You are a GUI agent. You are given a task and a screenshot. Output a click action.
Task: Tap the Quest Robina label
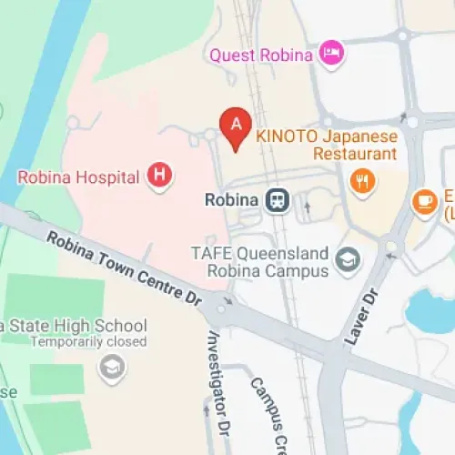click(x=262, y=54)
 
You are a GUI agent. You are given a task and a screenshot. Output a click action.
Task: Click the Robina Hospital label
click(x=78, y=175)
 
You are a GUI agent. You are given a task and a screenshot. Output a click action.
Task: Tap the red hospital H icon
click(x=160, y=175)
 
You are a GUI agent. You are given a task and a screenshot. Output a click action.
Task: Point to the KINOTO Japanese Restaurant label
click(x=326, y=145)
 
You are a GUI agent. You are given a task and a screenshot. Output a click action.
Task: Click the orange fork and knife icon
click(x=362, y=182)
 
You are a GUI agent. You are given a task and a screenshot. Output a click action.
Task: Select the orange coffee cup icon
click(x=424, y=202)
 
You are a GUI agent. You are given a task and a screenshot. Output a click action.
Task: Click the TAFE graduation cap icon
click(x=349, y=261)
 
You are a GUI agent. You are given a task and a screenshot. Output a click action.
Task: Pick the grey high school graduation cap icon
click(x=111, y=368)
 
